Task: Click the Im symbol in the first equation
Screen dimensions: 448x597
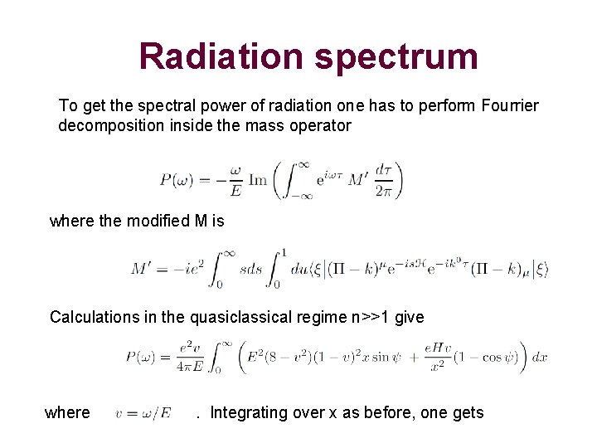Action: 258,180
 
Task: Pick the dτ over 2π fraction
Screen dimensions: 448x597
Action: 383,180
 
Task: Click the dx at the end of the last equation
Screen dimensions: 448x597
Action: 539,358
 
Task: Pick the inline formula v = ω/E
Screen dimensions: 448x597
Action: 143,413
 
